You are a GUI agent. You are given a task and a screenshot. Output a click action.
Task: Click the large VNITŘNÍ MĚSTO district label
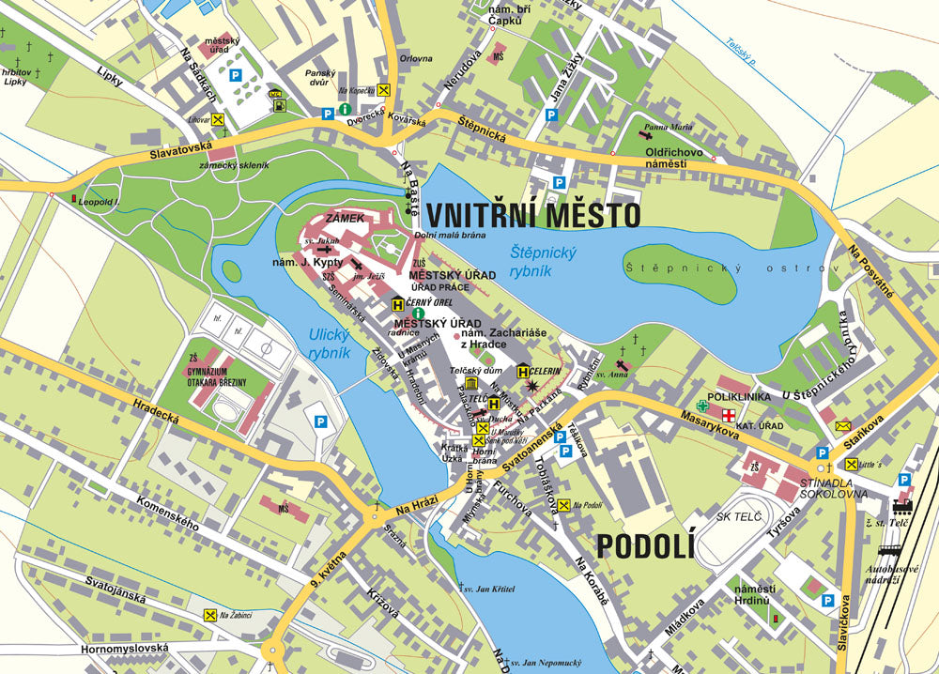(x=533, y=215)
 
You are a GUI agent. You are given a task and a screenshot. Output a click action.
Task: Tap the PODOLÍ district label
(x=644, y=544)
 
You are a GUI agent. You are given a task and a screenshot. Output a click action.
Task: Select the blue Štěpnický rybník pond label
(x=544, y=261)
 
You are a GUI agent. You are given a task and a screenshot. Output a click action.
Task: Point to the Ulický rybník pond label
(x=329, y=344)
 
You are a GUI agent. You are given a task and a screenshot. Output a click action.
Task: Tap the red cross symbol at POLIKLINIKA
(x=727, y=413)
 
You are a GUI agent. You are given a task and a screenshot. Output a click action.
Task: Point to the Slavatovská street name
(x=179, y=152)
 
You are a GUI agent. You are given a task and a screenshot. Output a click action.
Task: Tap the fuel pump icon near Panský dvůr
(x=277, y=104)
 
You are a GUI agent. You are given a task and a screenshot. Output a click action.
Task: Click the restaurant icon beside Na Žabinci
(x=209, y=615)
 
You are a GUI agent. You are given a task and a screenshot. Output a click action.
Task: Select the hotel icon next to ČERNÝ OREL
(x=398, y=304)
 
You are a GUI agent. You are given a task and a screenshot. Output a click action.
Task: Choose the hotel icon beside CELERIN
(x=522, y=372)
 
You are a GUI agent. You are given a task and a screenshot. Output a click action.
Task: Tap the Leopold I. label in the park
(x=100, y=201)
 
